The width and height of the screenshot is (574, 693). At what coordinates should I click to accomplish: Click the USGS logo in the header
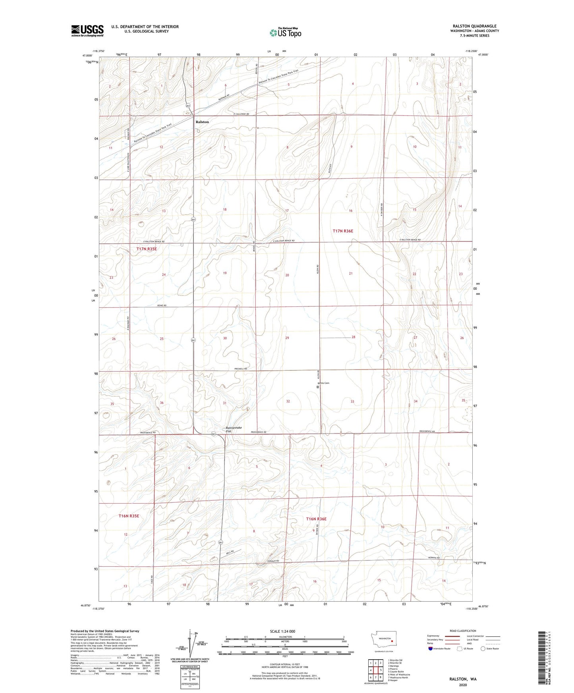(87, 31)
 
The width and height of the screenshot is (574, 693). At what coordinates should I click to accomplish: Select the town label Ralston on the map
(202, 122)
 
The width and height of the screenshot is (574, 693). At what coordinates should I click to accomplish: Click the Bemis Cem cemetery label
(324, 383)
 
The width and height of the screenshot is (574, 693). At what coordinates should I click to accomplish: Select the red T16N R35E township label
(129, 516)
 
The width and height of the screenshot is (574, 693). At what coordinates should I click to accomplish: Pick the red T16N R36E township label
(316, 519)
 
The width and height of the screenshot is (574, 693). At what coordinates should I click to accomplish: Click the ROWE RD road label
(161, 306)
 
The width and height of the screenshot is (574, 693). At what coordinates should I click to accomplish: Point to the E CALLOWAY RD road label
(244, 114)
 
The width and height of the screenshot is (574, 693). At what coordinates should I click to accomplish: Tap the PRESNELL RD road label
(240, 369)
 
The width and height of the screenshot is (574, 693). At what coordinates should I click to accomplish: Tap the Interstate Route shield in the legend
(431, 649)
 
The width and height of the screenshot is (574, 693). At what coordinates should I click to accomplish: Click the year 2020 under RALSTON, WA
(463, 685)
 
